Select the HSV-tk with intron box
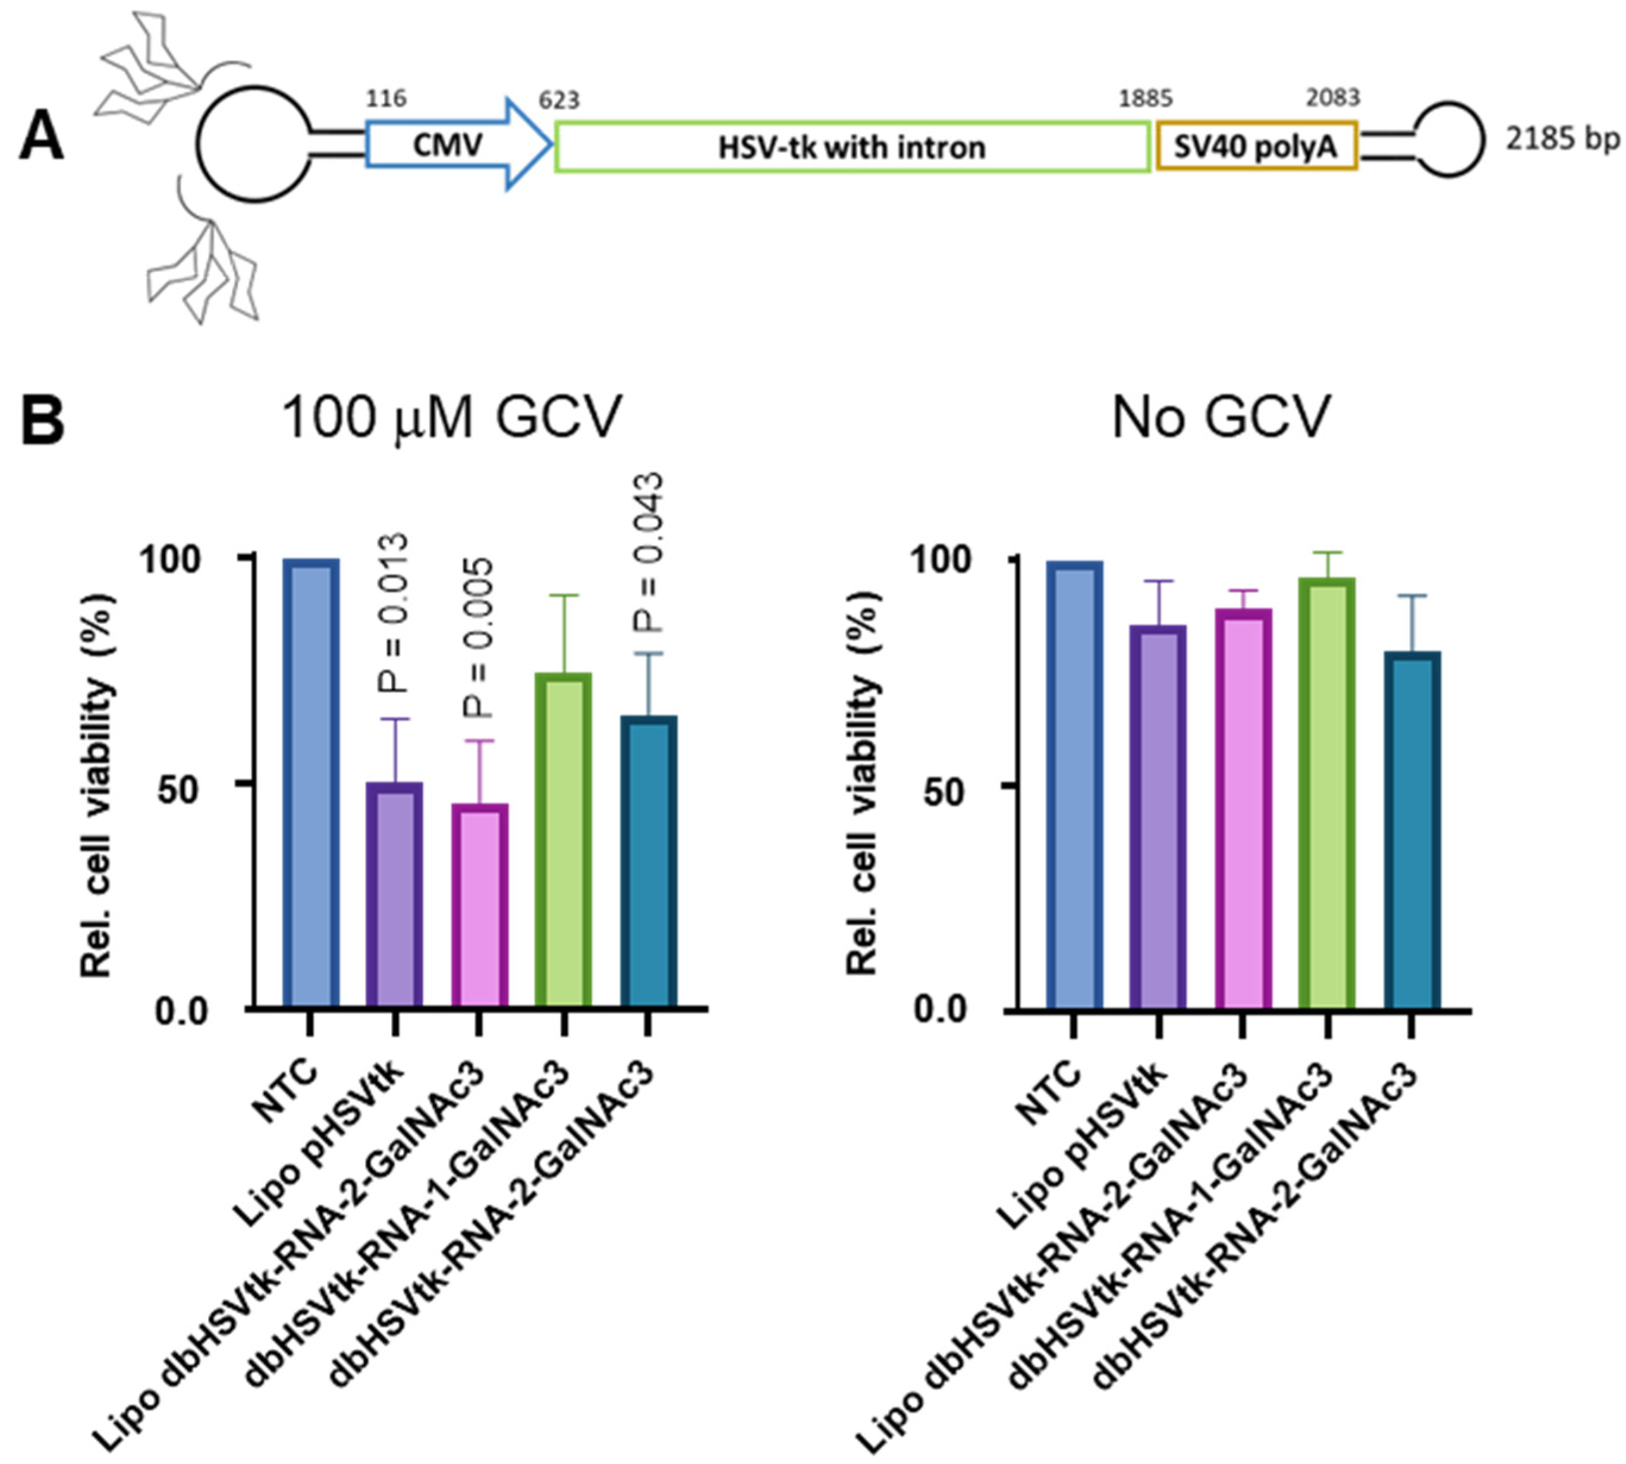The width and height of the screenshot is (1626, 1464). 851,146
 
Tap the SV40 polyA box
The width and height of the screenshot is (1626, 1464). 1255,146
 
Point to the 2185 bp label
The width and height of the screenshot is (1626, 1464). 1562,139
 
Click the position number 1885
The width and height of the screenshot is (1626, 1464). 1145,99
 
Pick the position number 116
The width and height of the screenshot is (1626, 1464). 386,98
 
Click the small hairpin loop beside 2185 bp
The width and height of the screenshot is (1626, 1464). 1448,140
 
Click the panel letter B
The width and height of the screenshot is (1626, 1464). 42,420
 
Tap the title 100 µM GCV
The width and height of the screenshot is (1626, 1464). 452,417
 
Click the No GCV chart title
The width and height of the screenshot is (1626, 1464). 1221,417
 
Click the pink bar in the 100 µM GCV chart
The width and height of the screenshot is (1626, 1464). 480,904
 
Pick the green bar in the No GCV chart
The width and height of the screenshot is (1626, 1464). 1327,792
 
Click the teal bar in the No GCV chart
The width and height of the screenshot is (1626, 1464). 1412,829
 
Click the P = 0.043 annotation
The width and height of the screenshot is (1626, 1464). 647,553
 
